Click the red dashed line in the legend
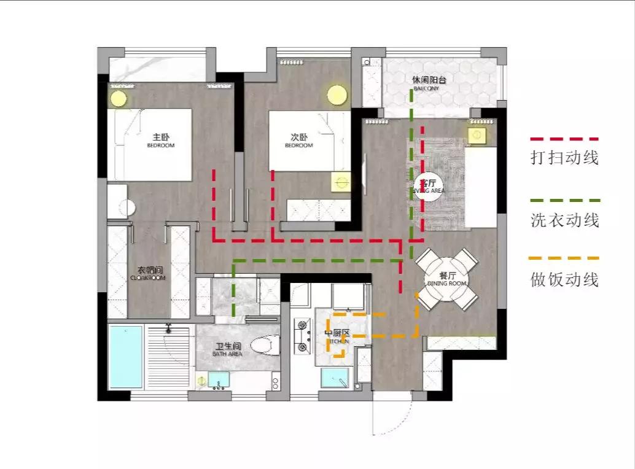(x=564, y=140)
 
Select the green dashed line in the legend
(x=564, y=201)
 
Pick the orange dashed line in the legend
(x=564, y=258)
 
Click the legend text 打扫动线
(x=564, y=158)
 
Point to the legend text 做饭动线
(x=564, y=280)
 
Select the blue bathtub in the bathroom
(x=125, y=357)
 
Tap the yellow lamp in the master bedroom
(x=118, y=98)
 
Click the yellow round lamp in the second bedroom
(x=337, y=95)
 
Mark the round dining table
(x=446, y=280)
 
